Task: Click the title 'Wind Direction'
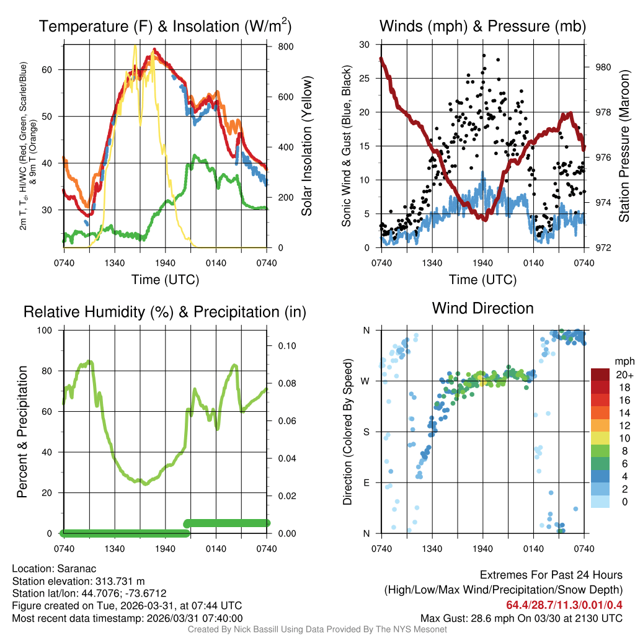pyautogui.click(x=482, y=308)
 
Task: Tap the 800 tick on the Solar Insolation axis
pyautogui.click(x=278, y=47)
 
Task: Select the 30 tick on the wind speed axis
pyautogui.click(x=365, y=45)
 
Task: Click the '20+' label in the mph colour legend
pyautogui.click(x=623, y=375)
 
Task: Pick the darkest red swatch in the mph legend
pyautogui.click(x=600, y=375)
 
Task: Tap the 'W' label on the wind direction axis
pyautogui.click(x=366, y=381)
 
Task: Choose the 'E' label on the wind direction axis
pyautogui.click(x=366, y=482)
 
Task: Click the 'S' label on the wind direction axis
pyautogui.click(x=366, y=432)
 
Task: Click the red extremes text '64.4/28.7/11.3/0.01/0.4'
pyautogui.click(x=564, y=605)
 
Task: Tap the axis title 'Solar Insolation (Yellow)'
pyautogui.click(x=306, y=146)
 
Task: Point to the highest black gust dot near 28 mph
pyautogui.click(x=483, y=55)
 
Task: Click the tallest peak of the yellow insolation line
pyautogui.click(x=135, y=45)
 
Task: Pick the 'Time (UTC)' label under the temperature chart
pyautogui.click(x=165, y=280)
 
